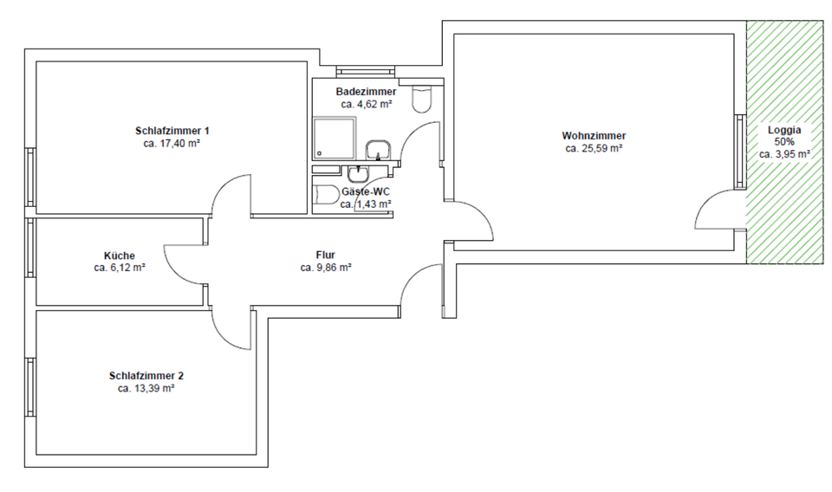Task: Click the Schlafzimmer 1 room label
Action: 172,131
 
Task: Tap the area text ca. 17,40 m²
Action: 172,144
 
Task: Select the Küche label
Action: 119,256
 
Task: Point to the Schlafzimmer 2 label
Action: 146,376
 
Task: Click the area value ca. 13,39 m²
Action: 146,389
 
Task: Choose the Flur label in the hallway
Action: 325,255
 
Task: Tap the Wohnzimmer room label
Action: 594,136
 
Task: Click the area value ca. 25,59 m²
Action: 594,149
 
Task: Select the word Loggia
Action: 784,130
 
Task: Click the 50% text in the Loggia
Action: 784,142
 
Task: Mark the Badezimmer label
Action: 367,92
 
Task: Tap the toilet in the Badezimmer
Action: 421,100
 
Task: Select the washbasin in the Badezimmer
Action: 379,151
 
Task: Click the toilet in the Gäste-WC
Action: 326,195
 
